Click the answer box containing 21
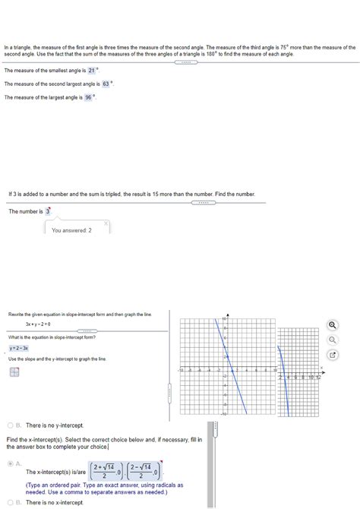point(91,70)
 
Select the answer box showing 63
point(106,84)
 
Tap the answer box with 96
point(88,97)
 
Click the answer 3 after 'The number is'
point(48,211)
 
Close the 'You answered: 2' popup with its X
point(106,223)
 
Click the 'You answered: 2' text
point(71,230)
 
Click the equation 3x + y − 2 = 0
point(38,323)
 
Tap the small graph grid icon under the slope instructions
point(14,372)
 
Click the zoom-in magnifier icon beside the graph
point(333,325)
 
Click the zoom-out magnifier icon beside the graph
point(333,340)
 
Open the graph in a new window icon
point(333,354)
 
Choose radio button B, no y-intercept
point(10,425)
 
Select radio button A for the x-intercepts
point(10,463)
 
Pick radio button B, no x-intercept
point(10,502)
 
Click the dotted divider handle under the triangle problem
point(185,62)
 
